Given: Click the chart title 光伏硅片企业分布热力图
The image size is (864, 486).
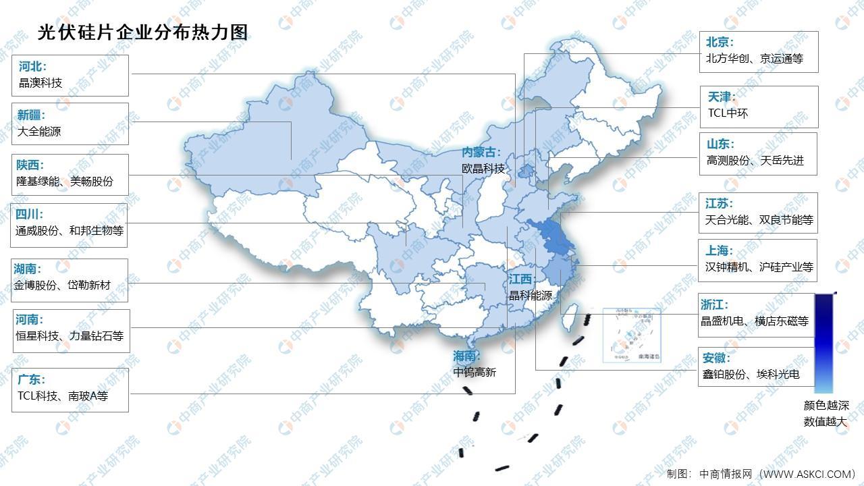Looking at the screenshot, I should pos(143,31).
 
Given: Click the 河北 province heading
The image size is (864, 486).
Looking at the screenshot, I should pos(32,66).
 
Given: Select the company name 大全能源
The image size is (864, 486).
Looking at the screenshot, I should pos(39,132).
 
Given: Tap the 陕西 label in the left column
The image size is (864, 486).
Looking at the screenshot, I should pos(29,165).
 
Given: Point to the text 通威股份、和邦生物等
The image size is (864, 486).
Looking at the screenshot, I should pos(70,230).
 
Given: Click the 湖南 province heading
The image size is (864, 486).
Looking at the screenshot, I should pos(28,269).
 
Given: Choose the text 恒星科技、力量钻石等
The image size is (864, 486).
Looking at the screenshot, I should pos(70,335).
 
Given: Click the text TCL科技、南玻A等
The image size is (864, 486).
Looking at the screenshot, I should pos(63,396).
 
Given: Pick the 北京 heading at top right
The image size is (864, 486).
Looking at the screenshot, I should pos(720,42).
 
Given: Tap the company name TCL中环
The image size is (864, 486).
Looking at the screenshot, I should pos(728,113).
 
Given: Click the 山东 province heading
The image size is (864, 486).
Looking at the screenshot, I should pos(720,144).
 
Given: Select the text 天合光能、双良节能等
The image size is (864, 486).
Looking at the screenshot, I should pos(759,220).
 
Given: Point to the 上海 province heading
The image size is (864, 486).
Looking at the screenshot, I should pos(720,250).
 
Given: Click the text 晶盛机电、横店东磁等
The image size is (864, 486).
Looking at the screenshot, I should pos(755,321).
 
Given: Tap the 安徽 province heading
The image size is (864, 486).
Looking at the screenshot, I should pos(716,358).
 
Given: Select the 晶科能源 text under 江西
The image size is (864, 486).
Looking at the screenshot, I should pos(530,296).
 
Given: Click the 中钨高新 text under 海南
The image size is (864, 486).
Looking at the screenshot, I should pos(475,371).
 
